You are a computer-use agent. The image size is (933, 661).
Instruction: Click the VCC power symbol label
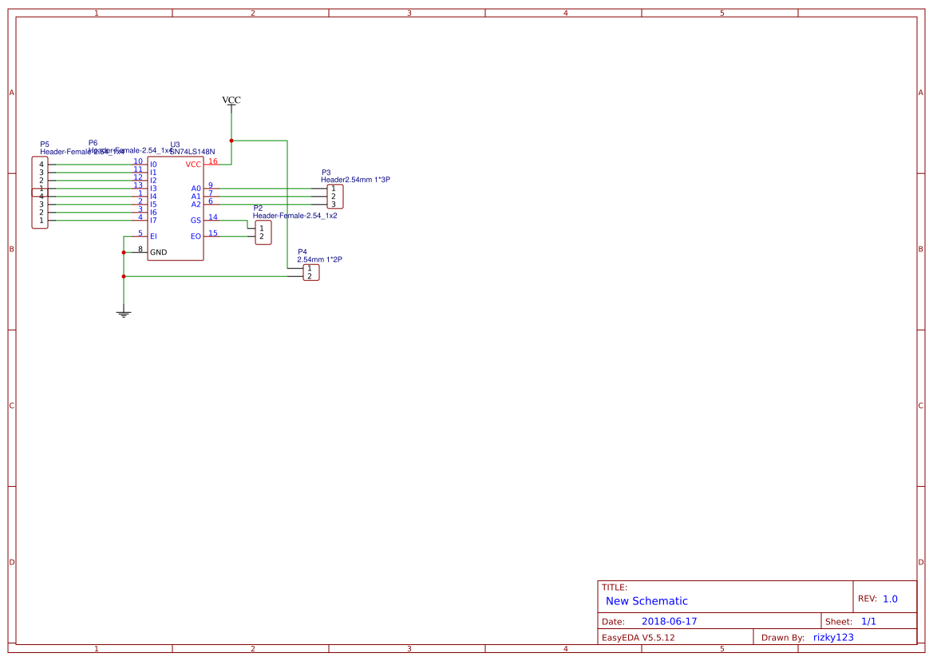[x=231, y=100]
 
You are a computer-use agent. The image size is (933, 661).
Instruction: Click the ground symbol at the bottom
[x=123, y=313]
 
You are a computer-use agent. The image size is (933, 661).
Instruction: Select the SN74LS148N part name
[x=192, y=152]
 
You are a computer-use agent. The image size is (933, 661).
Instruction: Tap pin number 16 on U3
[x=213, y=161]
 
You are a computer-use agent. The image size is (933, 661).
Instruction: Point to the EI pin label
[x=153, y=236]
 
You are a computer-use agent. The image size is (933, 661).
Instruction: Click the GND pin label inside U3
[x=159, y=252]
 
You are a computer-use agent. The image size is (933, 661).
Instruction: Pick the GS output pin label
[x=196, y=220]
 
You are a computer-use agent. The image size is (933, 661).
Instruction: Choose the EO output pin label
[x=196, y=236]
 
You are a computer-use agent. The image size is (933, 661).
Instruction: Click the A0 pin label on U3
[x=196, y=188]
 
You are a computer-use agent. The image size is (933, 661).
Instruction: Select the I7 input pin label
[x=153, y=220]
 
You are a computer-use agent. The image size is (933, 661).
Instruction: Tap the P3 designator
[x=326, y=172]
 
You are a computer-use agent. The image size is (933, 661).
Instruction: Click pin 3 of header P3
[x=334, y=204]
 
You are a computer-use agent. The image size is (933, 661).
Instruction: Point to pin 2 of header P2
[x=261, y=236]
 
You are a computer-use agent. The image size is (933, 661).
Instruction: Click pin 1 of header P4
[x=309, y=268]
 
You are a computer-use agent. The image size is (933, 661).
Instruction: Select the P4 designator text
[x=302, y=251]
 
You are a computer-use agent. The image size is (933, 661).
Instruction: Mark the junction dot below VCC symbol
[x=231, y=141]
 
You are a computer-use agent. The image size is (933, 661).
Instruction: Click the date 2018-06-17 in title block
[x=669, y=621]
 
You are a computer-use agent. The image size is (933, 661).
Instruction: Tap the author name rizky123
[x=833, y=637]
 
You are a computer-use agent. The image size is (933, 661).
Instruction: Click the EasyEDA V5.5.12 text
[x=638, y=637]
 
